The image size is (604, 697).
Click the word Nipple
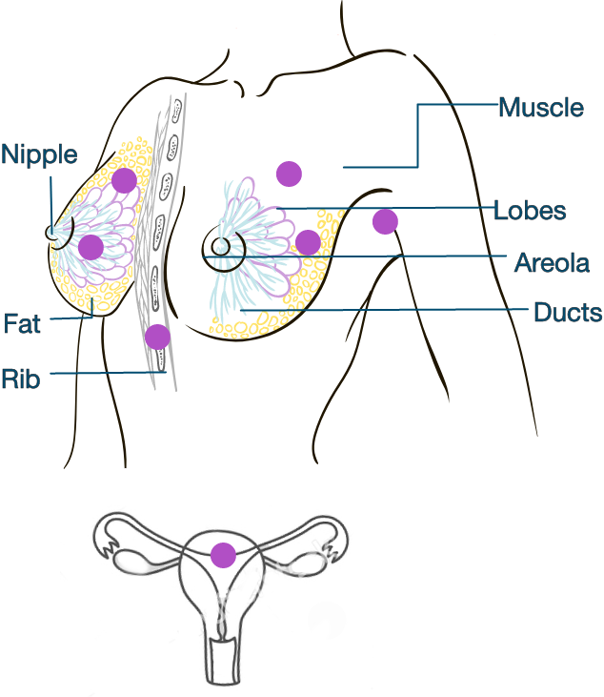39,154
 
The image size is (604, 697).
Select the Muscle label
541,107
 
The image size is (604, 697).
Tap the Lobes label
530,211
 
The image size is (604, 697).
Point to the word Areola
552,262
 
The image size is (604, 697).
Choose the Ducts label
567,313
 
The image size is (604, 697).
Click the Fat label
22,324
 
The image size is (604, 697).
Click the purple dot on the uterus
223,555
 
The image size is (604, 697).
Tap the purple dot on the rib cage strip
157,337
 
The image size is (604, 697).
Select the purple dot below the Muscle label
385,221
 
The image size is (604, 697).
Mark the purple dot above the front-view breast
289,174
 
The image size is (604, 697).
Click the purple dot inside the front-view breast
308,242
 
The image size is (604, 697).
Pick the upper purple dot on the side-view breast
123,180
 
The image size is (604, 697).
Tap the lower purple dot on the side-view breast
91,248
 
